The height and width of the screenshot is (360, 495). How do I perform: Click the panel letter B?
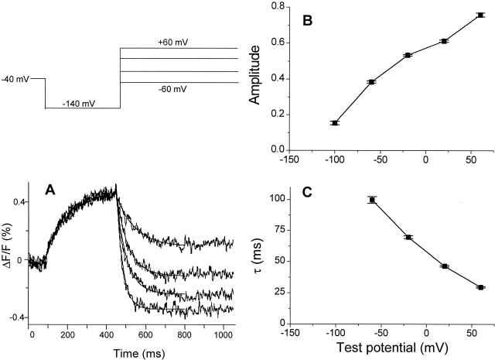pyautogui.click(x=306, y=21)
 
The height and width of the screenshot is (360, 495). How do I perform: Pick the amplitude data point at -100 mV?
pyautogui.click(x=334, y=123)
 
